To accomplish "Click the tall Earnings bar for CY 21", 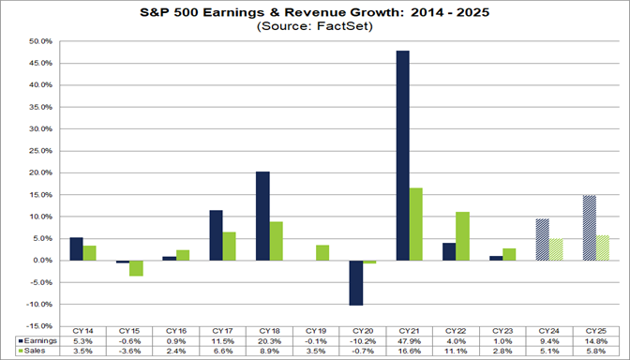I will (402, 155).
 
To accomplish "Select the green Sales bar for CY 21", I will (415, 224).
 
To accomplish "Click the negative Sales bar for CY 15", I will (135, 268).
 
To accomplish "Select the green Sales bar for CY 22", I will (462, 236).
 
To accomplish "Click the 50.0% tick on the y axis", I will (40, 41).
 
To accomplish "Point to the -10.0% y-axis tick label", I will (39, 305).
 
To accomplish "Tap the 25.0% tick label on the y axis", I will (40, 151).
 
